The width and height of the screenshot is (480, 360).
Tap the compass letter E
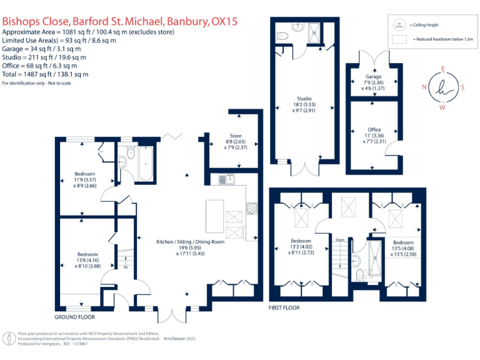click(x=442, y=69)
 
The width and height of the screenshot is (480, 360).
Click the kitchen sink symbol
click(x=224, y=180)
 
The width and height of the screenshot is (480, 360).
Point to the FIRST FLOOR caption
click(x=284, y=308)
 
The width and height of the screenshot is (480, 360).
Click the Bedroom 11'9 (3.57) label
click(x=85, y=173)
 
